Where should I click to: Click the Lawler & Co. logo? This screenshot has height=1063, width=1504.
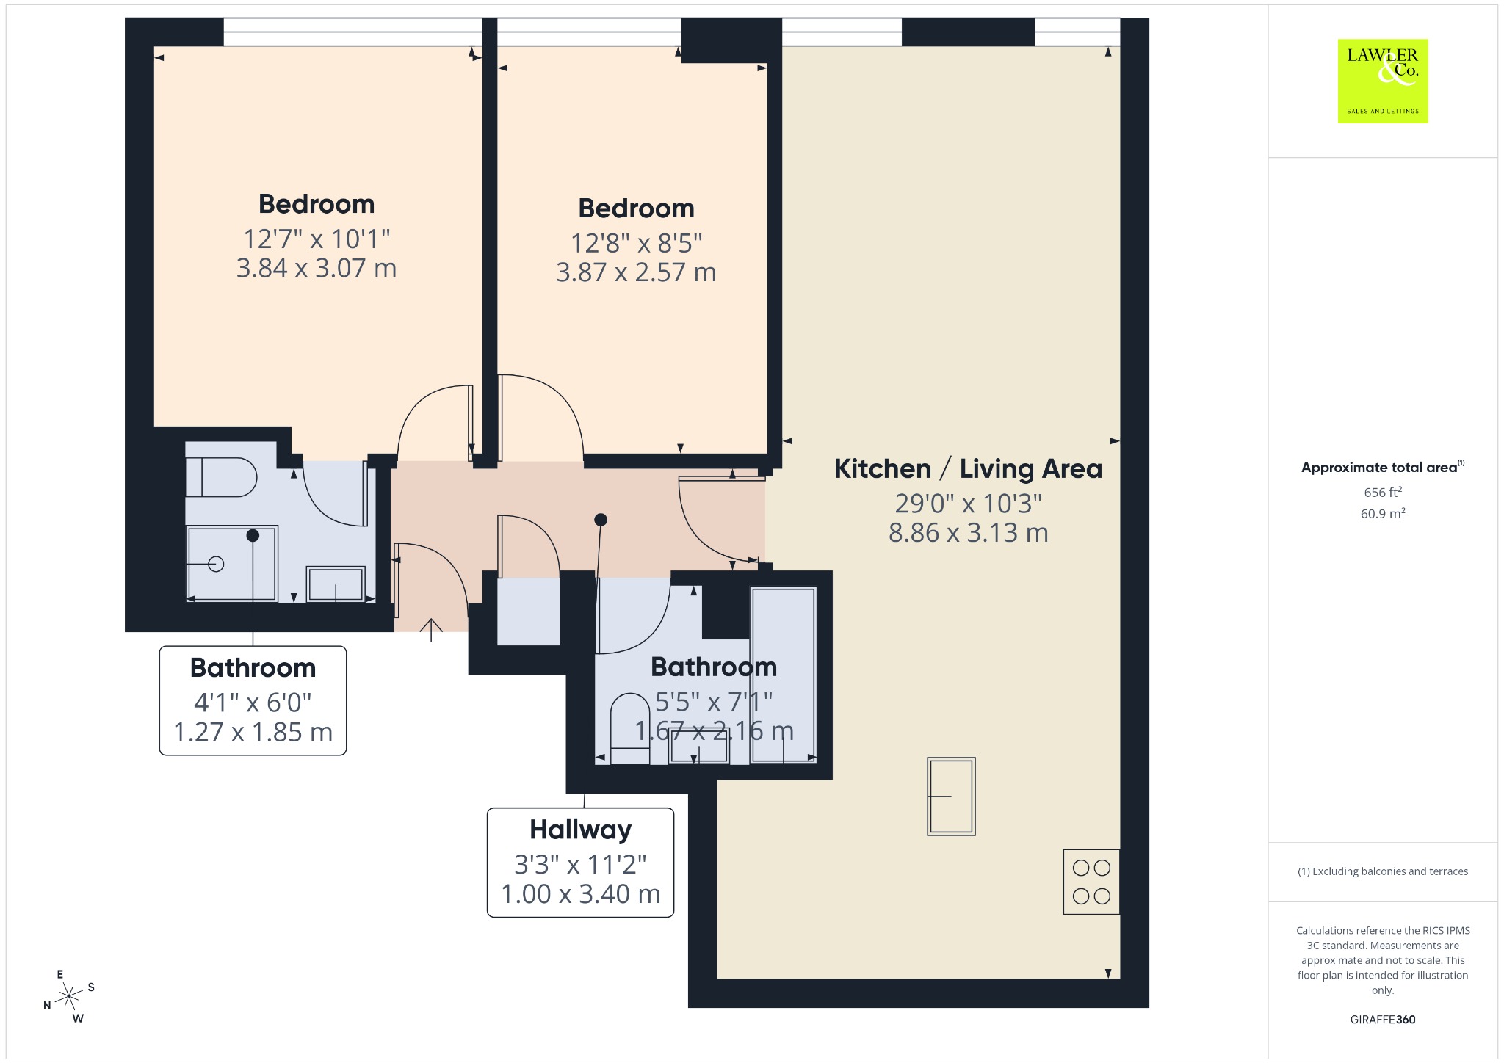point(1382,81)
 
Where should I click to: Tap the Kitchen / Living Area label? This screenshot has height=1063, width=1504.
point(968,468)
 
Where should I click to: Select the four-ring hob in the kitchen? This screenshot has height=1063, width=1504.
point(1091,882)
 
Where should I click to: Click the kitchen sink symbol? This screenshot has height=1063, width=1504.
point(951,797)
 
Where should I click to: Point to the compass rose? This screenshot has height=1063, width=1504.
point(69,996)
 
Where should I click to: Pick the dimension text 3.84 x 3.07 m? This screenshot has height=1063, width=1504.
point(317,268)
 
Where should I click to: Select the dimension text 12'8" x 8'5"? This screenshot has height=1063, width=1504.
point(637,242)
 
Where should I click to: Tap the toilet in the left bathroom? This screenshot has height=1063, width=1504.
point(220,477)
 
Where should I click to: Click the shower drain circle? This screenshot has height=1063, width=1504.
point(216,564)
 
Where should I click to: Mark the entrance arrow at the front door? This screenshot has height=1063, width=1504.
point(431,630)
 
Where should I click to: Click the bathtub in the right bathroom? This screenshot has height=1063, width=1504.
point(783,675)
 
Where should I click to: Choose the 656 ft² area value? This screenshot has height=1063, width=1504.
point(1383,492)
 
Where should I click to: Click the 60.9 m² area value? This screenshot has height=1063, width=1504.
point(1383,513)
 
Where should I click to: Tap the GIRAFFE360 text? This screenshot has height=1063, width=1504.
point(1383,1019)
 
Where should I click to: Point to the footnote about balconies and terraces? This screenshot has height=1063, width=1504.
point(1383,871)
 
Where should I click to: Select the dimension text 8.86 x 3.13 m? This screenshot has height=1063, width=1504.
point(969,532)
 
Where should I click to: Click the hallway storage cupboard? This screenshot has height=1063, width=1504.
point(529,612)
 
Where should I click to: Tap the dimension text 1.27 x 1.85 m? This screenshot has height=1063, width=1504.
point(253,732)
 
